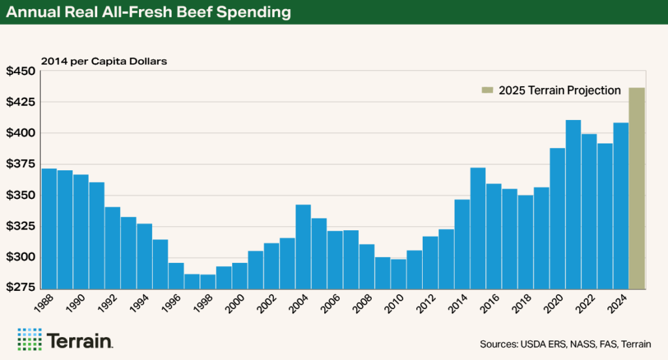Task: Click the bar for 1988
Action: [x=49, y=228]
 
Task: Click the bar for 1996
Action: [x=176, y=275]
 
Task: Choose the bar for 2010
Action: [x=398, y=273]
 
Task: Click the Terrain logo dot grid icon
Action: [x=29, y=340]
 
